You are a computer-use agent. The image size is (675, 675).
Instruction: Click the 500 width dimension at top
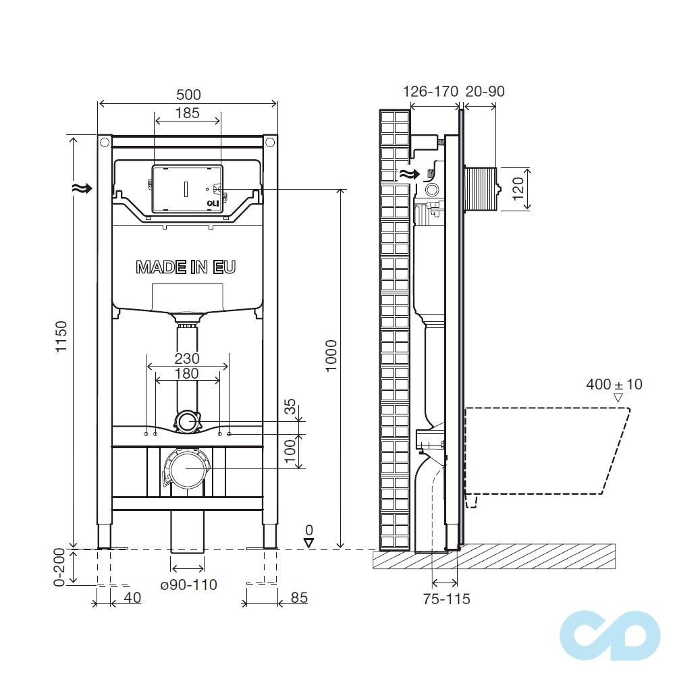tap(188, 94)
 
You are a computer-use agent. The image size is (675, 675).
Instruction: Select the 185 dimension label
tap(188, 113)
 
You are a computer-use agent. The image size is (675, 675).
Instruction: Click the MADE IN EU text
tap(186, 267)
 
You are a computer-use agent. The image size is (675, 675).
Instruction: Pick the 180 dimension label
tap(187, 373)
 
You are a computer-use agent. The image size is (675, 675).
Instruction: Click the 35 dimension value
tap(290, 406)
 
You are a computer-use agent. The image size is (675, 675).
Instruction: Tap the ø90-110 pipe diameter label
tap(189, 585)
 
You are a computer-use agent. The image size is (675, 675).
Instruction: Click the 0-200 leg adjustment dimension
tap(59, 567)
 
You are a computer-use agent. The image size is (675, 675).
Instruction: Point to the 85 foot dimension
tap(299, 597)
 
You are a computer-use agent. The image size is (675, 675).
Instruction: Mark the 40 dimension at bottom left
tap(132, 597)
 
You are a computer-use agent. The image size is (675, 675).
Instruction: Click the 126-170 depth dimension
tap(430, 91)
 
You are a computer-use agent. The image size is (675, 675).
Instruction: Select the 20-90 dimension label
tap(485, 91)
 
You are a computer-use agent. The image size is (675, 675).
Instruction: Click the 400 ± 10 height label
tap(614, 385)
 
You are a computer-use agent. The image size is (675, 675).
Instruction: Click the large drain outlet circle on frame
tap(187, 467)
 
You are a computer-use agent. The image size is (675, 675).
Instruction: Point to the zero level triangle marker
tap(309, 542)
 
